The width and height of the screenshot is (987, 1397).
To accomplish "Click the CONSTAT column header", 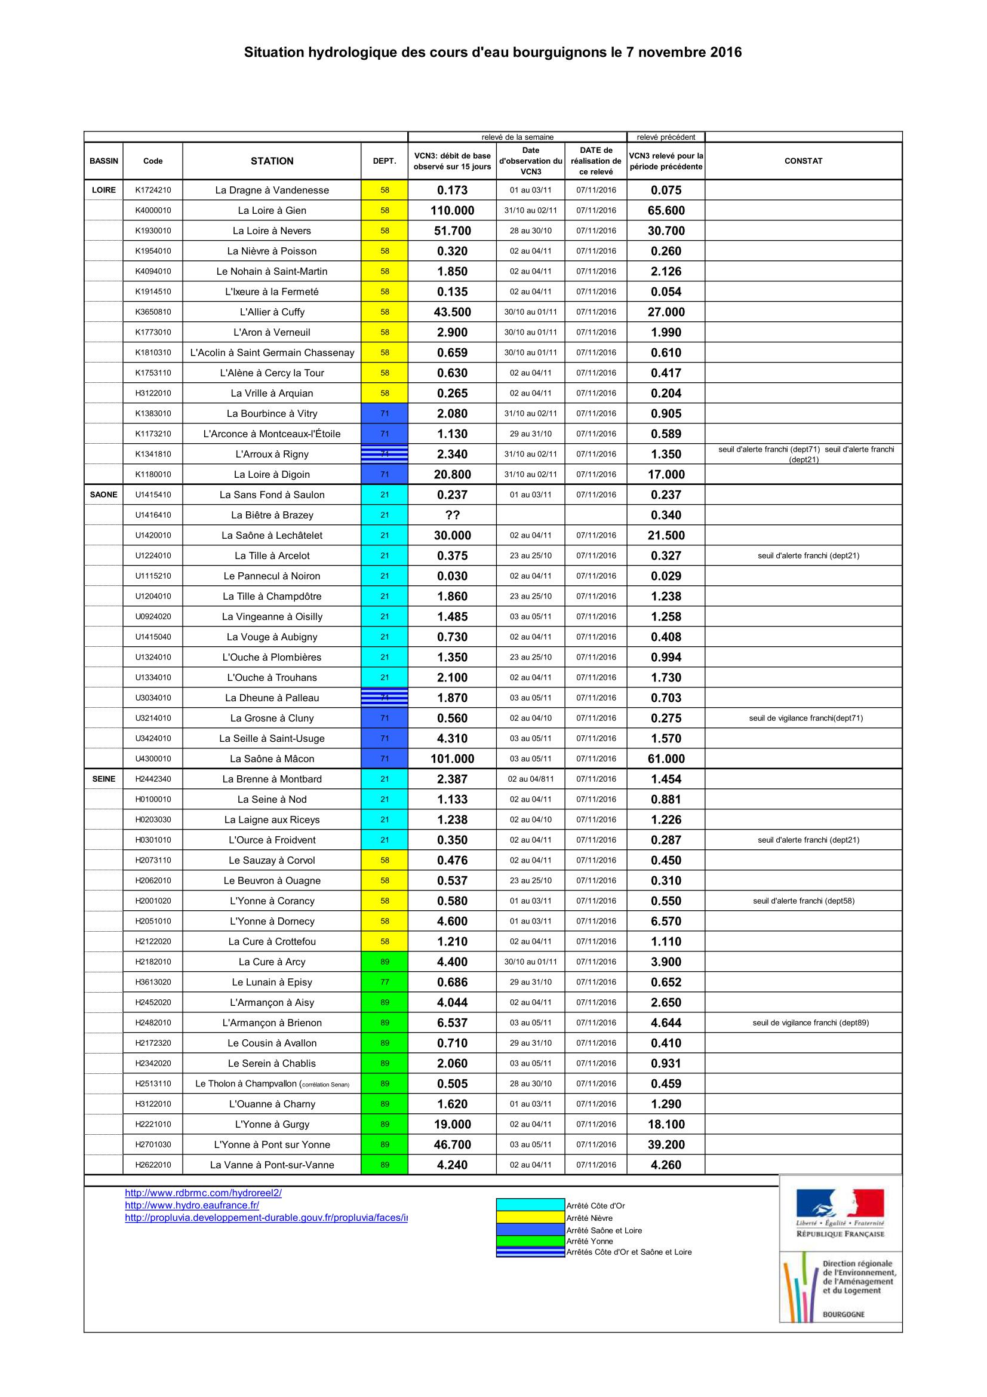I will click(802, 161).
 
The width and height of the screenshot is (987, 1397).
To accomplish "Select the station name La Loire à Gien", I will click(272, 210).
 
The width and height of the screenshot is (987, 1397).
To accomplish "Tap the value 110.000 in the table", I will click(452, 210).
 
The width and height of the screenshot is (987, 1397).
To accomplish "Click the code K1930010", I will click(153, 231).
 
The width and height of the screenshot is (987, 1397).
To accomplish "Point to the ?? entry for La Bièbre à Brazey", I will click(452, 515).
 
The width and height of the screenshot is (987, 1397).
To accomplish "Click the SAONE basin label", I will click(103, 495).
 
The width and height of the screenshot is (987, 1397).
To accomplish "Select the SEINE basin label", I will click(103, 779).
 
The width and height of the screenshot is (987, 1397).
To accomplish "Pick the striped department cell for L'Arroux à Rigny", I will click(385, 454).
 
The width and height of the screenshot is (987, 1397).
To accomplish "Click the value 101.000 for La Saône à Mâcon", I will click(452, 759).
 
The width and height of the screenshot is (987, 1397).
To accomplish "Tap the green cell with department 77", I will click(385, 982).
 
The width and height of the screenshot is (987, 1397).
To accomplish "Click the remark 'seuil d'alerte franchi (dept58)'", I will click(802, 901).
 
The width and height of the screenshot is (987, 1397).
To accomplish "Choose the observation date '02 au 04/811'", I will click(530, 779).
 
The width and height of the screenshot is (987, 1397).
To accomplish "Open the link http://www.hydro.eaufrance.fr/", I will click(192, 1205).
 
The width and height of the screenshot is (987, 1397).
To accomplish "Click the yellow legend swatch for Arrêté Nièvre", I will click(530, 1217).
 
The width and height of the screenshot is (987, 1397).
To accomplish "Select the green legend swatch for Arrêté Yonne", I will click(530, 1241).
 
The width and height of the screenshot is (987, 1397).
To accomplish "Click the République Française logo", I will click(840, 1213).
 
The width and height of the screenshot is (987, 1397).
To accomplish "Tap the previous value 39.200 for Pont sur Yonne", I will click(666, 1144).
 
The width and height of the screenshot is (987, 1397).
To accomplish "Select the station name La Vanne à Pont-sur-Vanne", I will click(272, 1165).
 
